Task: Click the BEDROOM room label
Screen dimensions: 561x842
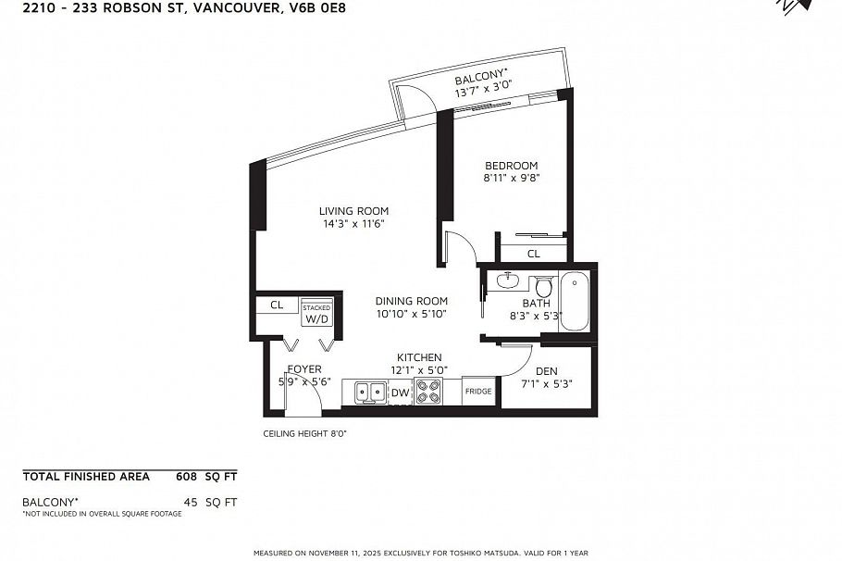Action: click(x=511, y=166)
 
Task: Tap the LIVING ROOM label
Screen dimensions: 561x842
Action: click(x=353, y=210)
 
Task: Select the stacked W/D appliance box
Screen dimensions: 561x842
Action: click(x=316, y=314)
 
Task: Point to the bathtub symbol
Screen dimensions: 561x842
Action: click(x=574, y=301)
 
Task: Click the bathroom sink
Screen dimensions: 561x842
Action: click(x=506, y=279)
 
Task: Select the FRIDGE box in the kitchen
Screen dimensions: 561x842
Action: click(x=478, y=391)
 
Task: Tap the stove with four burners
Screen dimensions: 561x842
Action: click(x=427, y=393)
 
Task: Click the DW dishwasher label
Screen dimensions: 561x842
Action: click(x=400, y=393)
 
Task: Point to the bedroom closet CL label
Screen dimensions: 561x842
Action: click(x=534, y=254)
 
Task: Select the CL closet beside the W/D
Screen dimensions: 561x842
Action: click(x=276, y=305)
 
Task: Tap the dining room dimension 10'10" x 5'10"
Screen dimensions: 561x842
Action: click(x=411, y=314)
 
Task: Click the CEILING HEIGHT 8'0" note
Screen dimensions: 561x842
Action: click(x=304, y=432)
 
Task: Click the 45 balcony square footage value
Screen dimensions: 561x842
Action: click(x=192, y=502)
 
